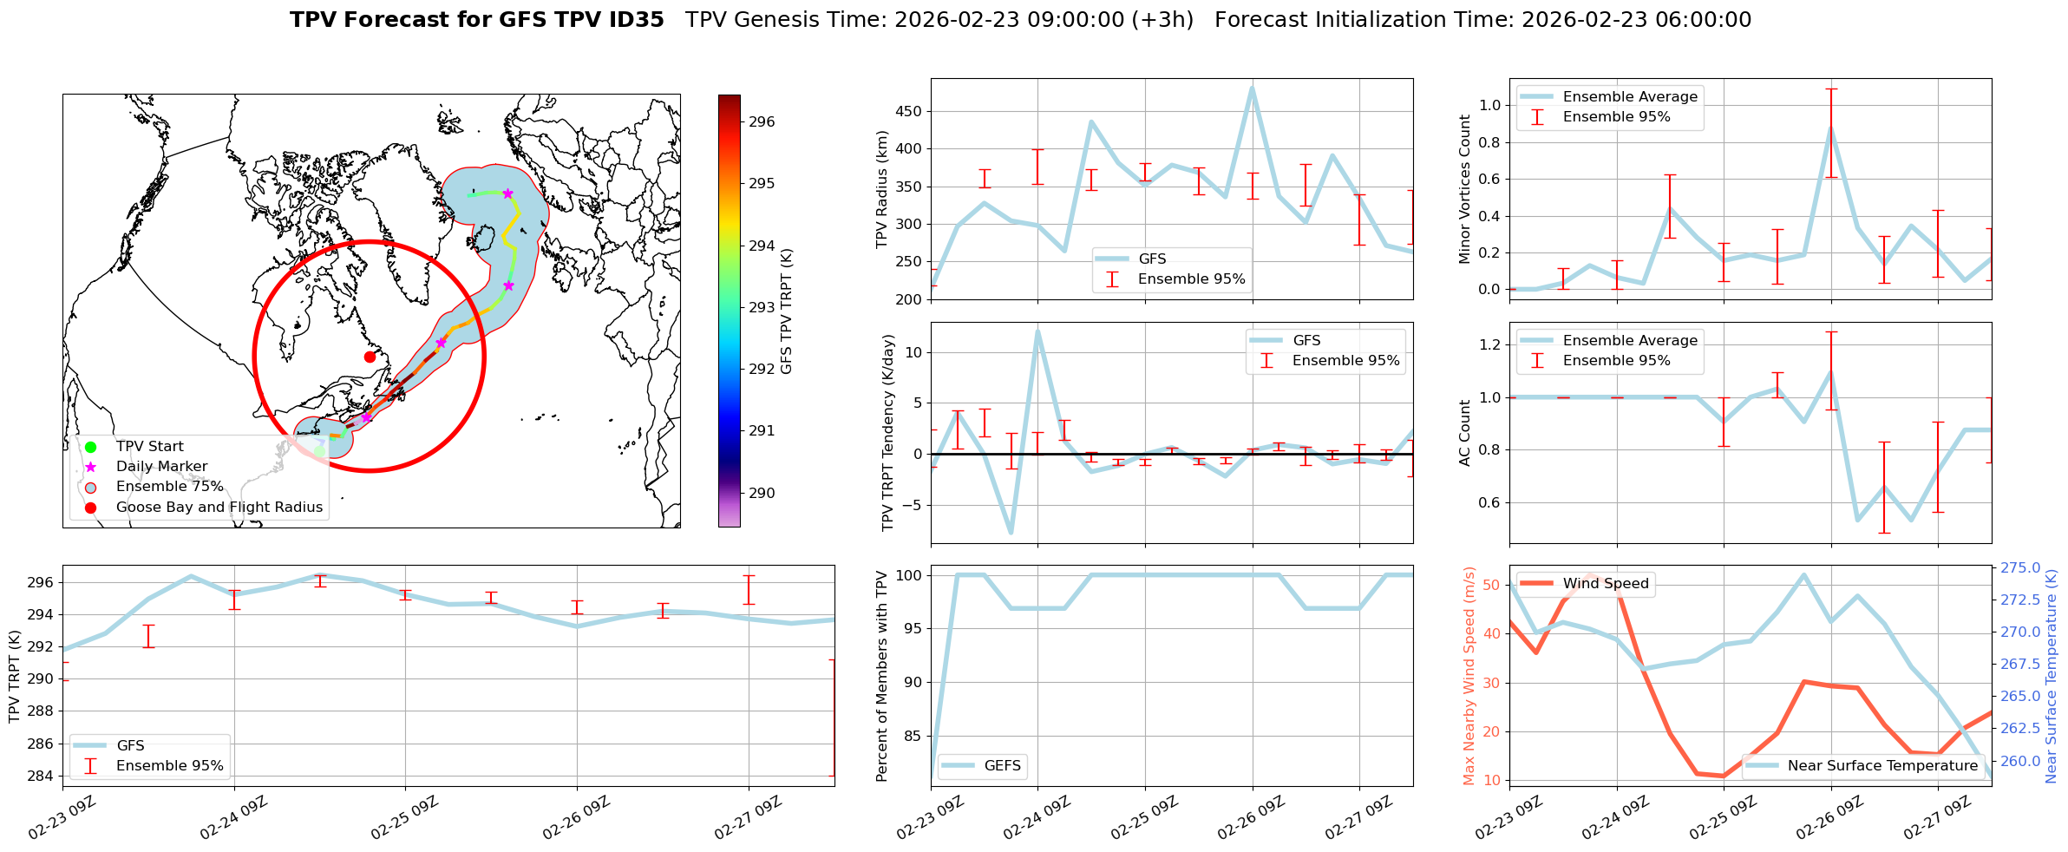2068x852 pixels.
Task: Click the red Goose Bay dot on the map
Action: (370, 357)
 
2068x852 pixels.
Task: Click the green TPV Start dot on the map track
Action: (319, 451)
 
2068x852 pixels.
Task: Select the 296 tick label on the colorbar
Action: (762, 122)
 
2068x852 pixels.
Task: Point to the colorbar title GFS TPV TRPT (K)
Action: (787, 311)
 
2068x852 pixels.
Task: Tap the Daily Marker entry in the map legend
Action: (161, 467)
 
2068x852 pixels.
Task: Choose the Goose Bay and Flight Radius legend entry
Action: (219, 508)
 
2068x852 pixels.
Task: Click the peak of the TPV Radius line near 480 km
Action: (1252, 88)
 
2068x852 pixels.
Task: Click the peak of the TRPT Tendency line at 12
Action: (1037, 331)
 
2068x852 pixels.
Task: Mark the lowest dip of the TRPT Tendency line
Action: (1011, 533)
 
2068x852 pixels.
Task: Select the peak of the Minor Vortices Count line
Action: (1830, 128)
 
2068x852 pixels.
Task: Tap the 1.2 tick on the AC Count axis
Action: (1489, 345)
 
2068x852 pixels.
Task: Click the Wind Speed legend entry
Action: (1605, 584)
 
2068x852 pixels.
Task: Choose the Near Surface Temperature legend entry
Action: (1881, 766)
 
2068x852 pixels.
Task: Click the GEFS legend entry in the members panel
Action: (1002, 766)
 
